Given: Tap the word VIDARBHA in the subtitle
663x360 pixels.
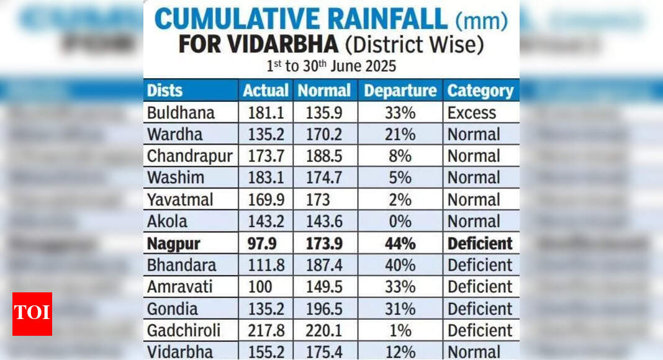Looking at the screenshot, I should pyautogui.click(x=288, y=45).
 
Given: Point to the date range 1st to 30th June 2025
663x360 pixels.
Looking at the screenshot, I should pyautogui.click(x=331, y=66).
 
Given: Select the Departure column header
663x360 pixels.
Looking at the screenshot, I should pyautogui.click(x=400, y=91).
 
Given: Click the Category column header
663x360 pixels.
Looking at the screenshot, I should pyautogui.click(x=480, y=91).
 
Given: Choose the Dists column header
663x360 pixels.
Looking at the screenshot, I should pyautogui.click(x=165, y=91).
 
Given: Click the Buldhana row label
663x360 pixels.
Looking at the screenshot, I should pyautogui.click(x=181, y=113).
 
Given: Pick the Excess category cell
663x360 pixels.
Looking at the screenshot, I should pyautogui.click(x=472, y=113).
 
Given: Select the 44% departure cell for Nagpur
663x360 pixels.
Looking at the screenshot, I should pyautogui.click(x=400, y=244).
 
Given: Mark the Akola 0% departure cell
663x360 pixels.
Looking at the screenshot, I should pyautogui.click(x=400, y=222).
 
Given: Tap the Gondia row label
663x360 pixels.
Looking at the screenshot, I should pyautogui.click(x=173, y=308).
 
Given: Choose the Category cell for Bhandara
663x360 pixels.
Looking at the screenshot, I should pyautogui.click(x=480, y=265).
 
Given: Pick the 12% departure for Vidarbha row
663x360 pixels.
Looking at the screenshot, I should pyautogui.click(x=400, y=351).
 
